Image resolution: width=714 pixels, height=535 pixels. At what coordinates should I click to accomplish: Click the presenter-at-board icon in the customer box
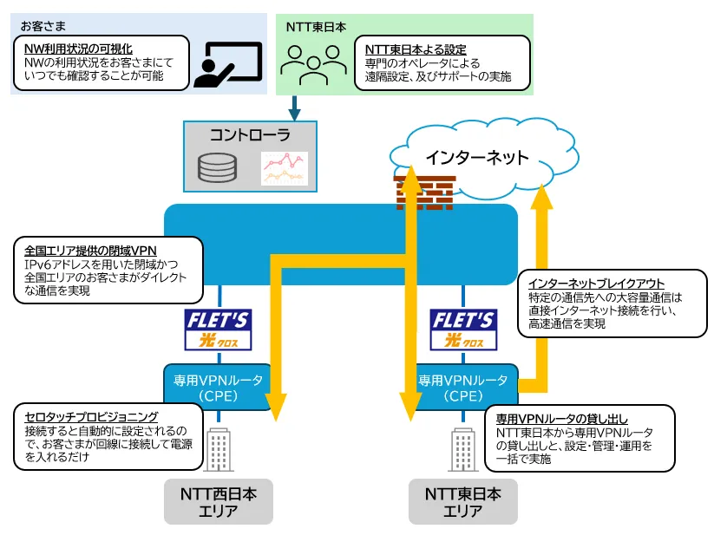[x=228, y=65]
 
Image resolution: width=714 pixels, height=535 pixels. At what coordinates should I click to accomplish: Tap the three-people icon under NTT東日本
[x=314, y=65]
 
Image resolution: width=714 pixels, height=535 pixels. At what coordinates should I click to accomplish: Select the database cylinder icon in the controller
[x=217, y=167]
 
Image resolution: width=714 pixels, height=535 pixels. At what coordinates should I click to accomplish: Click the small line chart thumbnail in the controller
[x=285, y=168]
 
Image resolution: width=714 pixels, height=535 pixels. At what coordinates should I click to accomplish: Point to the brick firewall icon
[x=425, y=192]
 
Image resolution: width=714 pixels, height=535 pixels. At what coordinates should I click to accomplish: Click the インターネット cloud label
[x=477, y=158]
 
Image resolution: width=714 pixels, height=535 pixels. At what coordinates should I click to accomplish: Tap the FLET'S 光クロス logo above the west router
[x=218, y=329]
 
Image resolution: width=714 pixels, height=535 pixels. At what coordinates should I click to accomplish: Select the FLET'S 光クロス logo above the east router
[x=463, y=329]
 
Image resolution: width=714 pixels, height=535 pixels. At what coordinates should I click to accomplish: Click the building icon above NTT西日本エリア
[x=219, y=449]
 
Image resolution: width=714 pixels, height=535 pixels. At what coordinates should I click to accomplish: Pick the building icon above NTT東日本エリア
[x=463, y=449]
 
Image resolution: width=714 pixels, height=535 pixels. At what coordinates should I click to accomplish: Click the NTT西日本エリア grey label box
[x=219, y=501]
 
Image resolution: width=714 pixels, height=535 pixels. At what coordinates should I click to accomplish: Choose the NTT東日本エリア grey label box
[x=463, y=501]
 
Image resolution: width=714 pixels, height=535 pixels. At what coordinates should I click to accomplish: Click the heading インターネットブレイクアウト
[x=596, y=284]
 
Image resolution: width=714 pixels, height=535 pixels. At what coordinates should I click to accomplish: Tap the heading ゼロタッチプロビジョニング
[x=91, y=417]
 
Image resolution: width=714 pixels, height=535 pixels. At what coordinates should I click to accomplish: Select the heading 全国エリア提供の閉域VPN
[x=90, y=251]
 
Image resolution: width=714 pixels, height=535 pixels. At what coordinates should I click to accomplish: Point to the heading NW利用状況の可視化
[x=78, y=49]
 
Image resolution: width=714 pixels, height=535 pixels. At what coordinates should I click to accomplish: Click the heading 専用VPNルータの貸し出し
[x=562, y=419]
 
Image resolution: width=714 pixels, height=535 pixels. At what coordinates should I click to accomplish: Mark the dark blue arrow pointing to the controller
[x=295, y=108]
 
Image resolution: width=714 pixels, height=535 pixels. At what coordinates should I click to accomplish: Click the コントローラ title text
[x=250, y=135]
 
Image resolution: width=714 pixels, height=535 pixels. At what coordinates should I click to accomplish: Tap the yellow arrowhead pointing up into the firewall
[x=410, y=178]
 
